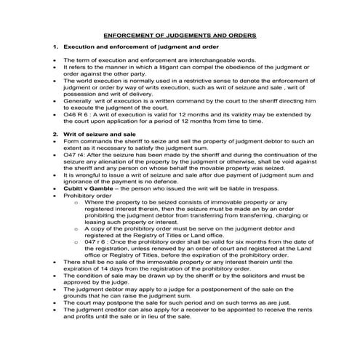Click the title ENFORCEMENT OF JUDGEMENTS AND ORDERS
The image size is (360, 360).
point(180,34)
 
